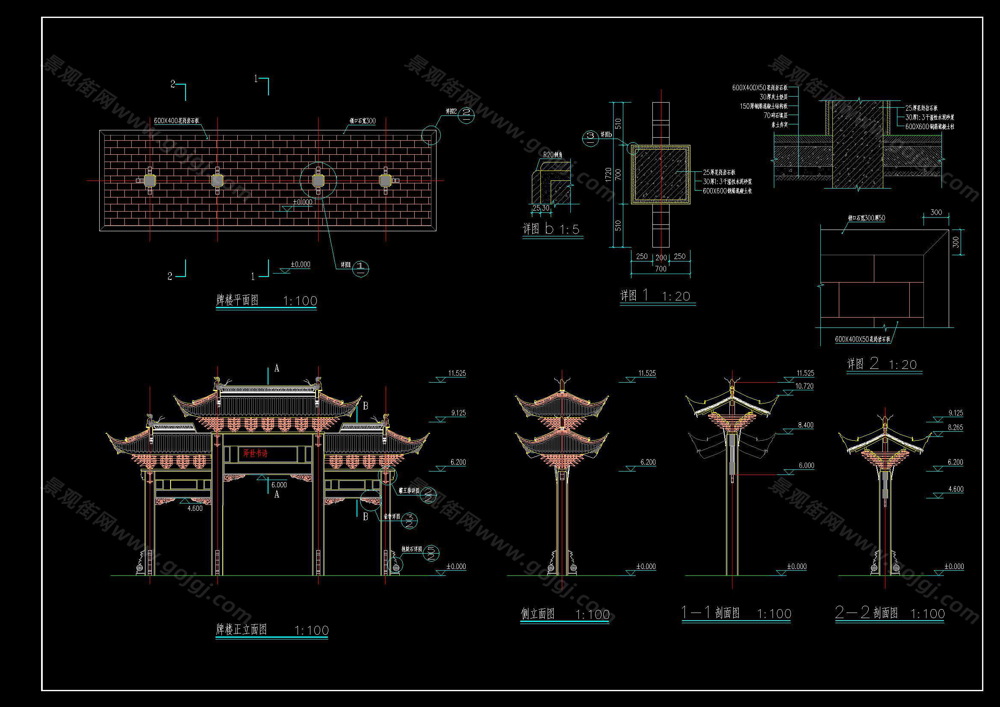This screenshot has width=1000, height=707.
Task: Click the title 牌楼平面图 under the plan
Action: click(237, 300)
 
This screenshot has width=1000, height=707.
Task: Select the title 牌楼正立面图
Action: click(242, 630)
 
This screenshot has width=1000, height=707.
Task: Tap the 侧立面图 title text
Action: click(538, 614)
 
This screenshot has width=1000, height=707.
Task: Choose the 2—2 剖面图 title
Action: click(866, 613)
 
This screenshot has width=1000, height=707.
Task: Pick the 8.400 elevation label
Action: click(805, 425)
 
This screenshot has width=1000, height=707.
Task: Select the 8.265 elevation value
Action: click(955, 427)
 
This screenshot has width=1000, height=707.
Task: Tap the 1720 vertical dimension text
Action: click(608, 174)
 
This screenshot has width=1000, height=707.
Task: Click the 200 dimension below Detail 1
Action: click(661, 258)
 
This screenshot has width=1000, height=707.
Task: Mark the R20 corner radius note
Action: click(552, 155)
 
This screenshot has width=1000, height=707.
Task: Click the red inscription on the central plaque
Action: click(255, 453)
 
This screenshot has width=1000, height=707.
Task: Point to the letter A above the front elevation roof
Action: click(277, 369)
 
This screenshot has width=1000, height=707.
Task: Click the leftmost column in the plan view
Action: click(150, 180)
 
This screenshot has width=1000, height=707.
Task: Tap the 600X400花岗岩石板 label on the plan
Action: click(177, 121)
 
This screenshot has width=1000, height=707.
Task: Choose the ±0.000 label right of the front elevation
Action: click(456, 566)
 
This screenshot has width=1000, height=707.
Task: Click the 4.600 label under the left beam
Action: click(195, 508)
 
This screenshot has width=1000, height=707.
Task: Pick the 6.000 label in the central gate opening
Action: click(279, 485)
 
